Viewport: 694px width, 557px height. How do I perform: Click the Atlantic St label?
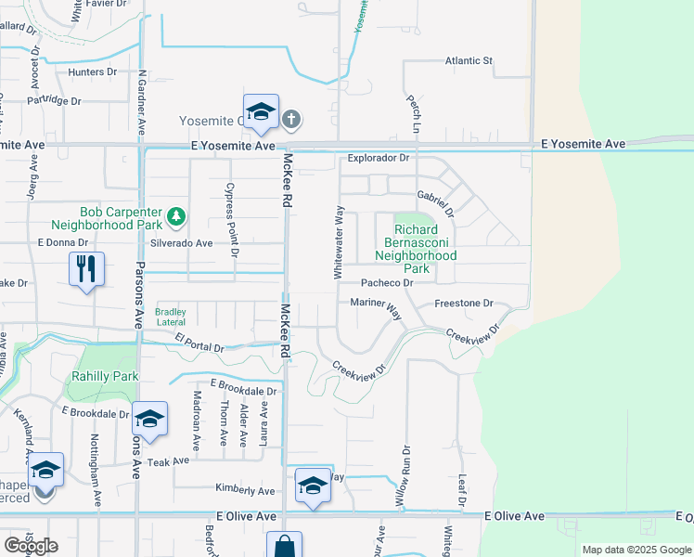pyautogui.click(x=468, y=61)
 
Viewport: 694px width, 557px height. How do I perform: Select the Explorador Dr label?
pyautogui.click(x=378, y=158)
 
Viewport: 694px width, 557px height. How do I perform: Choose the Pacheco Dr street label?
pyautogui.click(x=385, y=282)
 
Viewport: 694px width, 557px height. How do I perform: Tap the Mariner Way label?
pyautogui.click(x=376, y=305)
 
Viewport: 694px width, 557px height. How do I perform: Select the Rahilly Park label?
pyautogui.click(x=105, y=376)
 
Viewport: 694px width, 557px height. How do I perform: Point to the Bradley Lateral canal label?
pyautogui.click(x=171, y=317)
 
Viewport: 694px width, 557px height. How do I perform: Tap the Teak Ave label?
pyautogui.click(x=168, y=461)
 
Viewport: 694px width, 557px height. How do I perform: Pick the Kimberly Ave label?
pyautogui.click(x=245, y=490)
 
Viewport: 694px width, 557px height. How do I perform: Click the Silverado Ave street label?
pyautogui.click(x=182, y=243)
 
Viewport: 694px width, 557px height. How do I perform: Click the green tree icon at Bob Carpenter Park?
pyautogui.click(x=175, y=217)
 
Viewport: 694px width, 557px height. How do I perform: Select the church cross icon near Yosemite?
pyautogui.click(x=291, y=119)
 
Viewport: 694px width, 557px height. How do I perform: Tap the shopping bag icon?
pyautogui.click(x=284, y=545)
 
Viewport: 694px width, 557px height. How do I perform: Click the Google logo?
pyautogui.click(x=31, y=545)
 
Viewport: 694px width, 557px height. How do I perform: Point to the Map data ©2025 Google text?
pyautogui.click(x=636, y=550)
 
